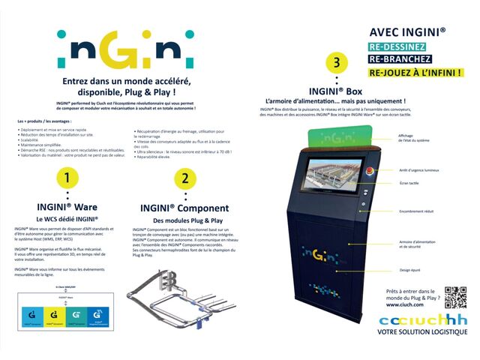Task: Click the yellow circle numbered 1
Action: point(67,178)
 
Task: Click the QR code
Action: point(455,297)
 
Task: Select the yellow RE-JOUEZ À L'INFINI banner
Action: point(415,73)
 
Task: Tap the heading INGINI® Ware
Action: point(67,206)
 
